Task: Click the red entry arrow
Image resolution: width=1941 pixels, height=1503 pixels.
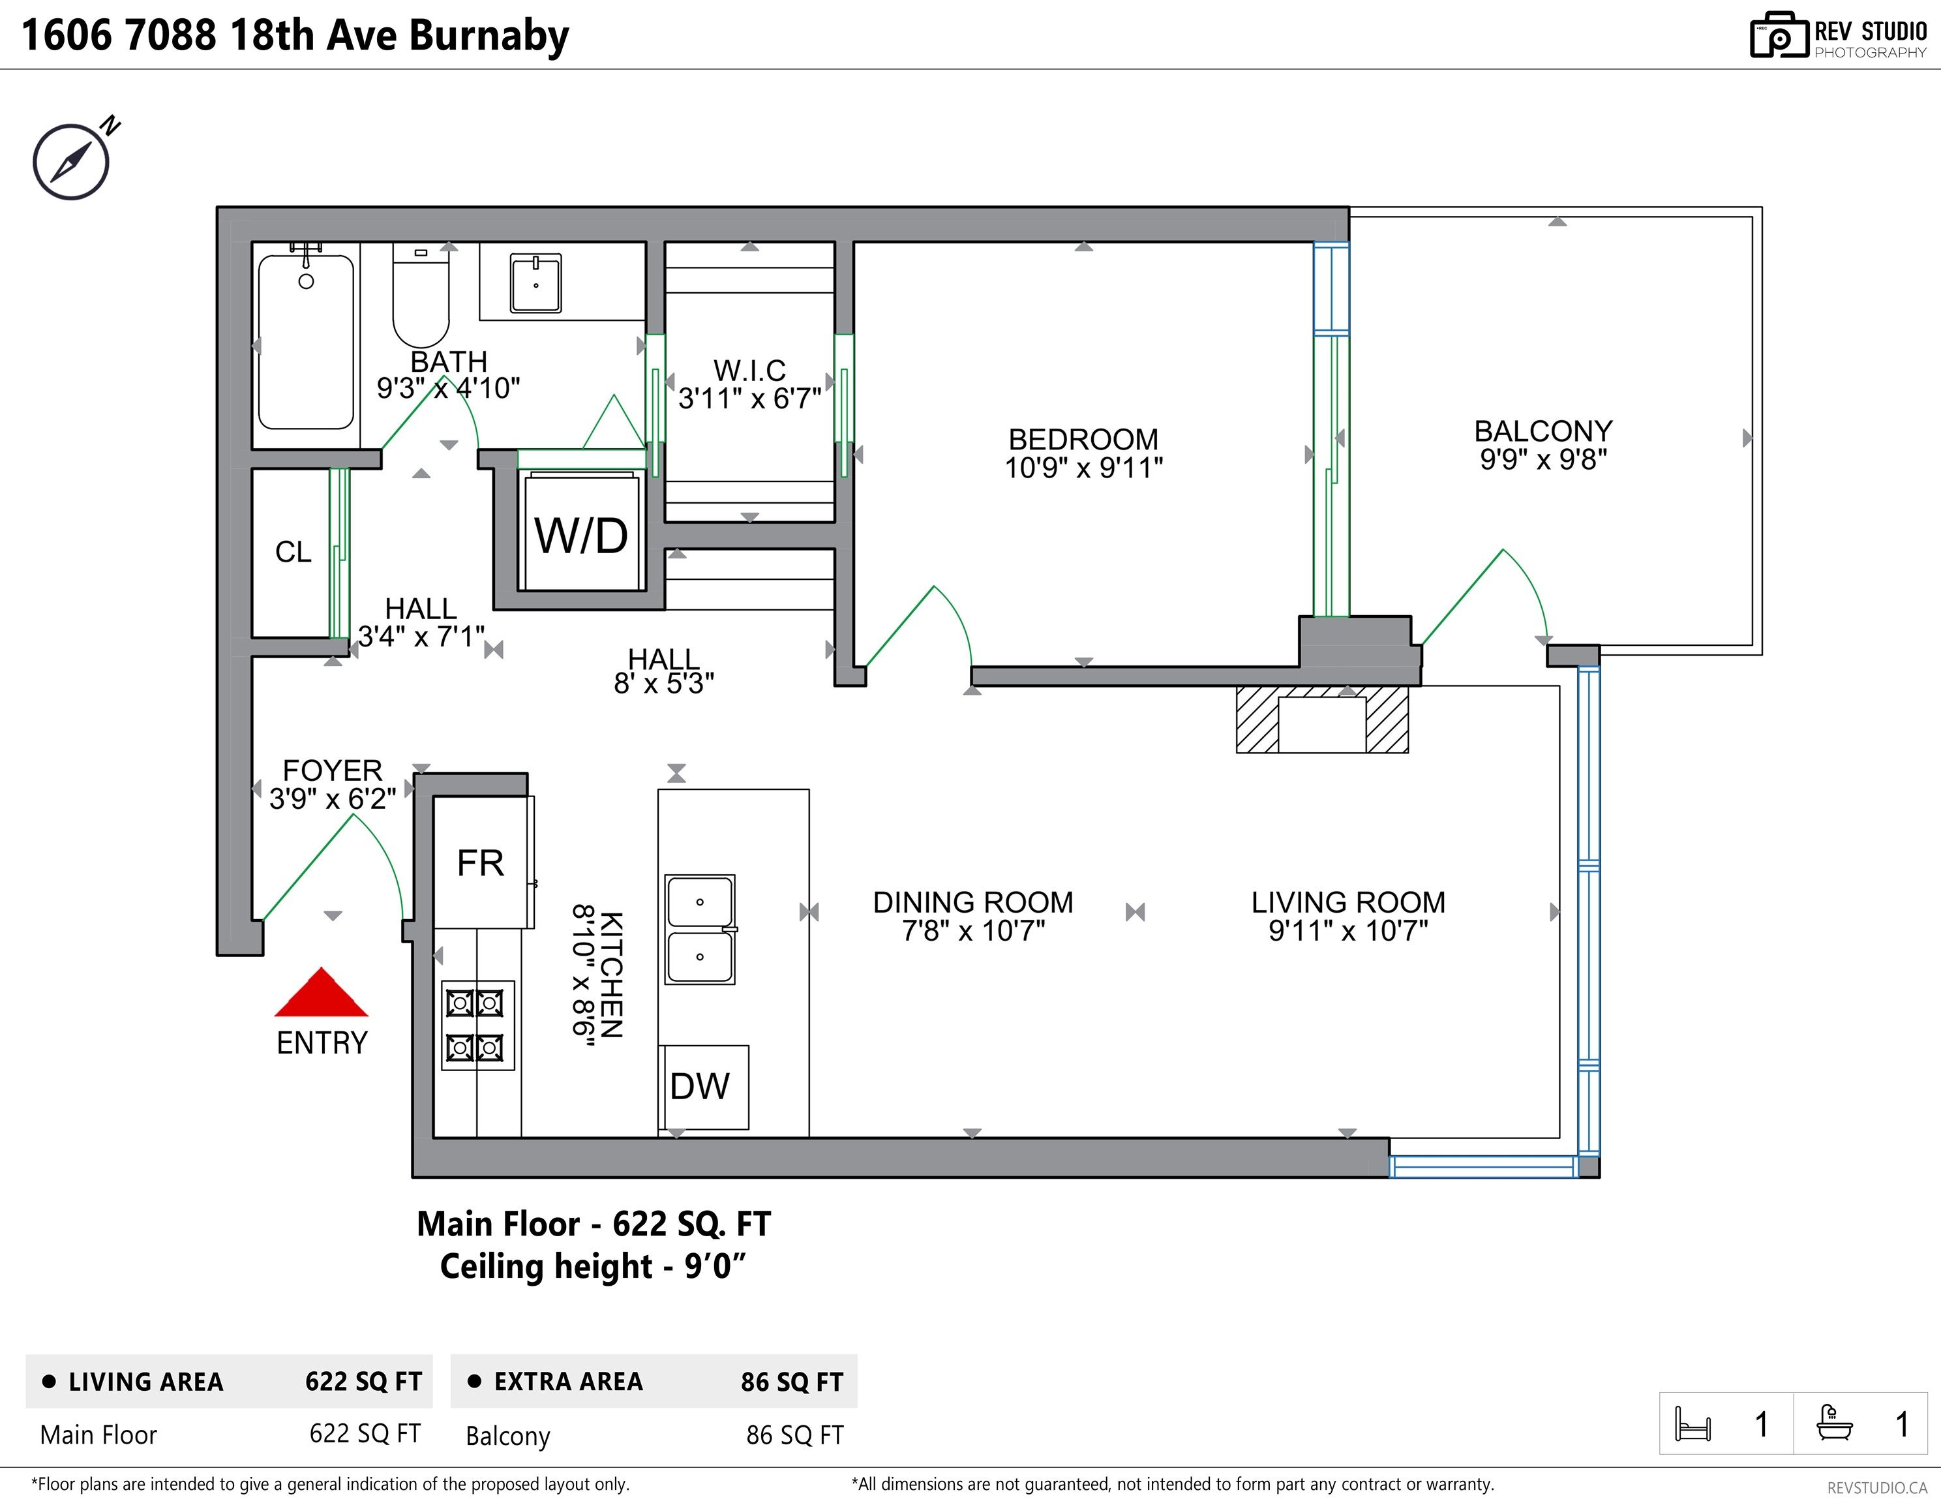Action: click(321, 994)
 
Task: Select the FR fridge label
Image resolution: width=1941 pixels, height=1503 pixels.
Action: click(480, 863)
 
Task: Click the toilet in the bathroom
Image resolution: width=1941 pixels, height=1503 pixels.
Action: click(421, 297)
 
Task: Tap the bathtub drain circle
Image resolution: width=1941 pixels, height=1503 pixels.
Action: click(306, 282)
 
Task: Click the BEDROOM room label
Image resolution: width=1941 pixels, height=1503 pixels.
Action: click(1083, 439)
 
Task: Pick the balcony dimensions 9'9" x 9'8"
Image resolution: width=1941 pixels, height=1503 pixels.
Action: click(1543, 459)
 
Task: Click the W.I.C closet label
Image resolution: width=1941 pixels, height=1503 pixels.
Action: click(749, 370)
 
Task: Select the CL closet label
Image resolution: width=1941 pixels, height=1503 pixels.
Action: click(293, 552)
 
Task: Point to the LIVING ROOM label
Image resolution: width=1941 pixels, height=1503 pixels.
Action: click(1347, 902)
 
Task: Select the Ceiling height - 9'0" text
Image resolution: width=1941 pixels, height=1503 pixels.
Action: click(593, 1266)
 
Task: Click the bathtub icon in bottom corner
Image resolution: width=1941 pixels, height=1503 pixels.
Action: click(1833, 1423)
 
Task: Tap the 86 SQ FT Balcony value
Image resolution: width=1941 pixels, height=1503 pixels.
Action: click(794, 1435)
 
